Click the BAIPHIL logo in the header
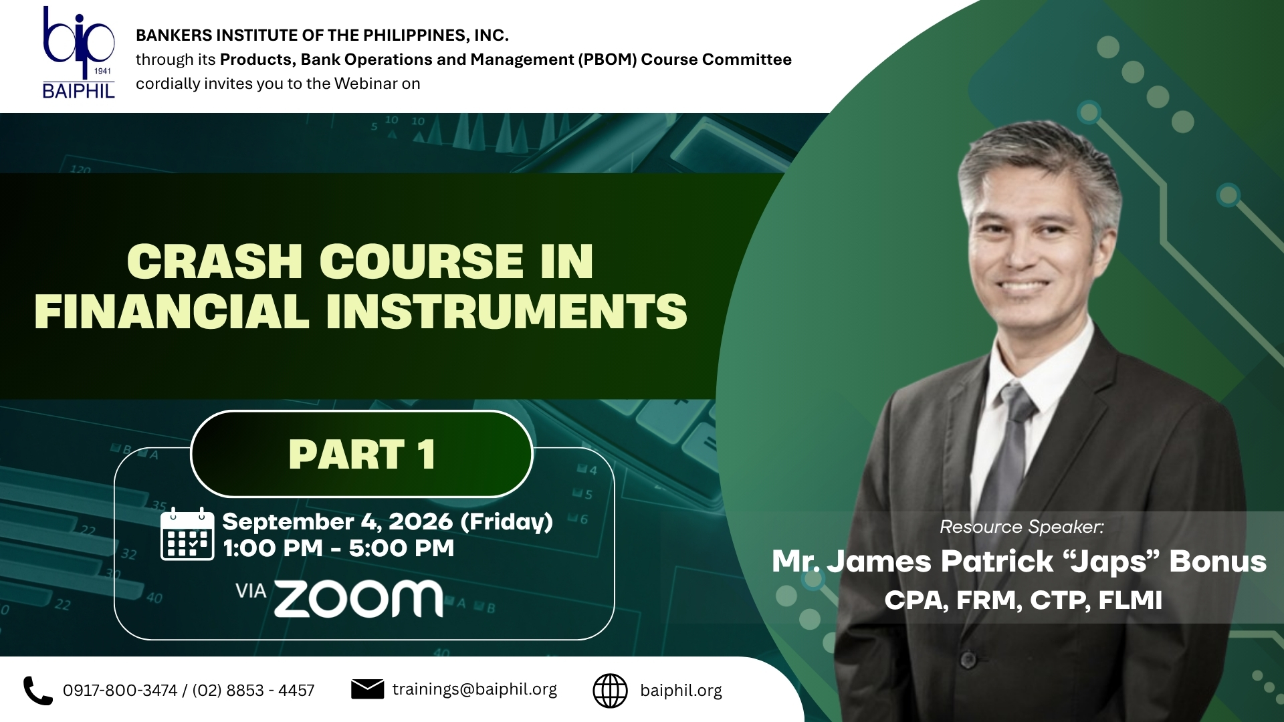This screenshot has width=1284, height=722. click(x=79, y=53)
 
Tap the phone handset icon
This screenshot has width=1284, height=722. click(x=37, y=691)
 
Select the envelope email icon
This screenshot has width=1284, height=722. click(x=367, y=689)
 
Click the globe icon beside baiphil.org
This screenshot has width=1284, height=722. click(x=610, y=691)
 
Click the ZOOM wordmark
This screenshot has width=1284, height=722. click(x=358, y=598)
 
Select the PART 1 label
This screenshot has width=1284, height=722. click(x=362, y=455)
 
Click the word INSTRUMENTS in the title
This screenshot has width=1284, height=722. click(x=507, y=311)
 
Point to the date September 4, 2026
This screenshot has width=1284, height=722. click(x=338, y=521)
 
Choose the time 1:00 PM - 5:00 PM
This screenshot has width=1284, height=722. click(x=338, y=548)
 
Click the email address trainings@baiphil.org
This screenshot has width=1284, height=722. click(x=474, y=689)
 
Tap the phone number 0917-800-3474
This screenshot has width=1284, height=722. click(x=120, y=691)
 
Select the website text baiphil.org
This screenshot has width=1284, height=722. click(x=681, y=691)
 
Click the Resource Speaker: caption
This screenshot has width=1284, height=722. click(x=1021, y=527)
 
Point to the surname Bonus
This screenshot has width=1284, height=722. click(x=1217, y=562)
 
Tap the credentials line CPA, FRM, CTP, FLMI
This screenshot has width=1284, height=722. click(x=1023, y=600)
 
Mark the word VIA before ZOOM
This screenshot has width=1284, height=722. click(x=251, y=591)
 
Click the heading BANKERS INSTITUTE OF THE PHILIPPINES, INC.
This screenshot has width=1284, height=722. click(x=322, y=35)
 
